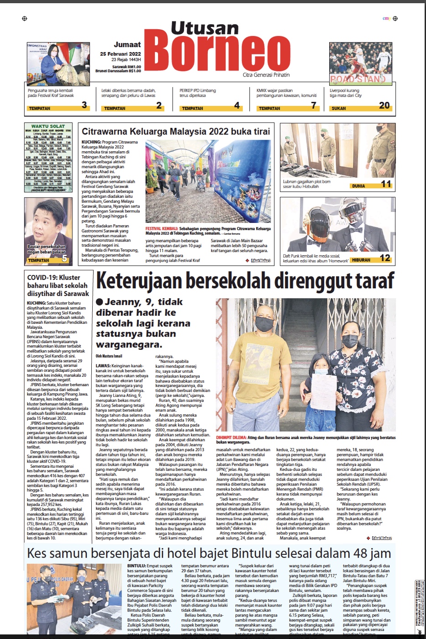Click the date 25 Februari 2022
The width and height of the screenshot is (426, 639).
coord(121,54)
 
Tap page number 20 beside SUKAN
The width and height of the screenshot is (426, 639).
coord(384,106)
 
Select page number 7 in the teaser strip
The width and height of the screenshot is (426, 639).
coord(314,106)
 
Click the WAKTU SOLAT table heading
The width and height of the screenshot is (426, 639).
coord(48,126)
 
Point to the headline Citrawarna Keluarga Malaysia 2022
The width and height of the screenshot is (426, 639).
coord(176,132)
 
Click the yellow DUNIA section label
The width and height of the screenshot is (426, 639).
coord(358,186)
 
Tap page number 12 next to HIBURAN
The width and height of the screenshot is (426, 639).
coord(385,258)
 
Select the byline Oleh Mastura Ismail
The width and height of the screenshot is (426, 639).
coord(109,356)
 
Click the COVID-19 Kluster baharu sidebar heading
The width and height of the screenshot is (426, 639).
coord(57,285)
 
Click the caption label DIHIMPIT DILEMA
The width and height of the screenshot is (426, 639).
coord(231,437)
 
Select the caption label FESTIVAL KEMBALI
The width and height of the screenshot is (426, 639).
coord(162,228)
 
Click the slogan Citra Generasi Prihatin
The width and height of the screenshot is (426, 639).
coord(266,75)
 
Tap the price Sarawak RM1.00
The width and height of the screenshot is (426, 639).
coord(126,67)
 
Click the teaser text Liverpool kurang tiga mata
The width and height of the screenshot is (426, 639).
coord(345,93)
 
